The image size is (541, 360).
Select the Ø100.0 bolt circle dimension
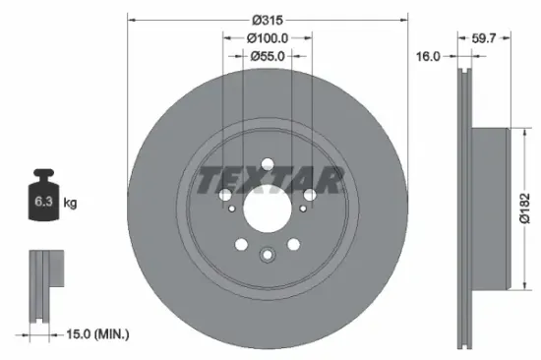tap(268, 37)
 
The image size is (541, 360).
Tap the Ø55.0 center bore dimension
tap(268, 56)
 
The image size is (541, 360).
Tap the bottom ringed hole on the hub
tap(268, 257)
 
